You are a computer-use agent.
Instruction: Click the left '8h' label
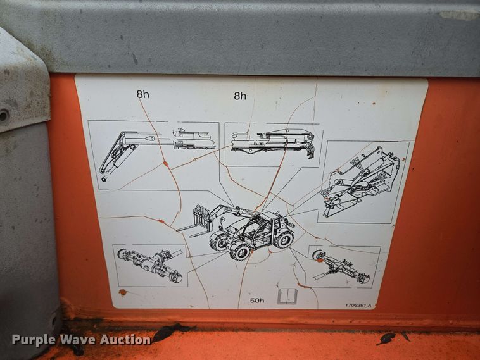(142, 94)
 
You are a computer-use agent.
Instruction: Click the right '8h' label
(240, 96)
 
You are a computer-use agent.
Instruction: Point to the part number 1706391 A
(358, 304)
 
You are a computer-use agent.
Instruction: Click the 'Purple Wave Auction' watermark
(81, 340)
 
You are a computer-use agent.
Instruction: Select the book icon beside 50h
(287, 295)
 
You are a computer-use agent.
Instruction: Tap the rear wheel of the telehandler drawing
(284, 239)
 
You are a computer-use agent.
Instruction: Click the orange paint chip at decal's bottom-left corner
(122, 293)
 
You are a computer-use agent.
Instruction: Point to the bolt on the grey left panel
(4, 116)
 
